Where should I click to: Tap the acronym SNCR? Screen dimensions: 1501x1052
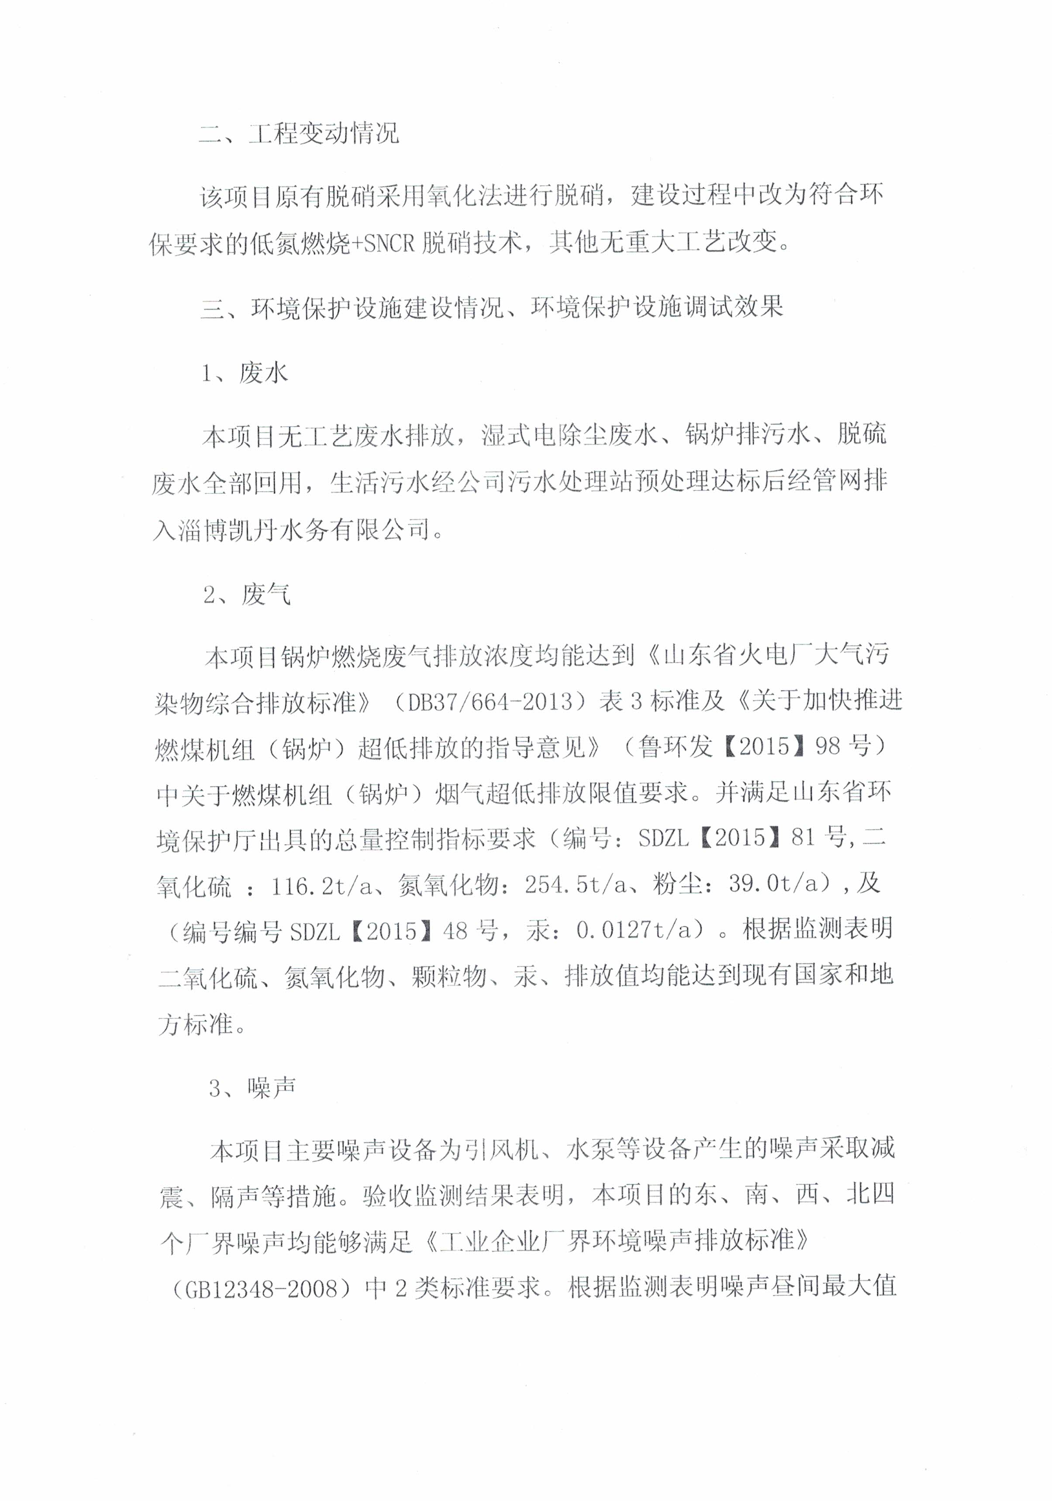pos(389,243)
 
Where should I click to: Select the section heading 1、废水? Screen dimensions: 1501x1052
pos(245,373)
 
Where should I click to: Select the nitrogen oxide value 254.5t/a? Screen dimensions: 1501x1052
pos(576,885)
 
